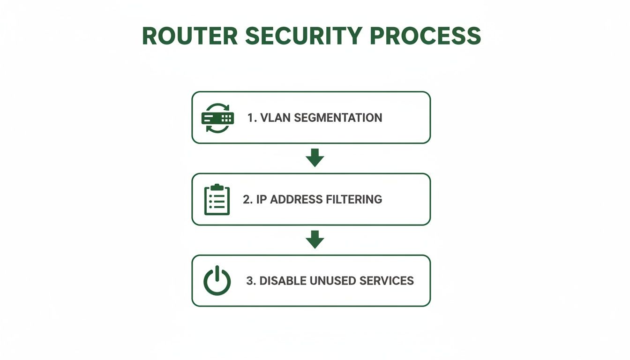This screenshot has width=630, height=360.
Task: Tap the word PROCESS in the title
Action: [x=425, y=36]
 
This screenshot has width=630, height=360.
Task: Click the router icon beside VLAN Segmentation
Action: [x=217, y=118]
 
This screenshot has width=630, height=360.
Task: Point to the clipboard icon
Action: [x=217, y=200]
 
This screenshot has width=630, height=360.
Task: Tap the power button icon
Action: [x=217, y=281]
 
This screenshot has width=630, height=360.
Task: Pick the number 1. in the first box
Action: [x=252, y=118]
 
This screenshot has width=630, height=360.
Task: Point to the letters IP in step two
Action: [x=262, y=199]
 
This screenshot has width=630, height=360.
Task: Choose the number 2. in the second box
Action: [x=247, y=199]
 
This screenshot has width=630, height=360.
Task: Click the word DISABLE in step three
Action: [x=283, y=281]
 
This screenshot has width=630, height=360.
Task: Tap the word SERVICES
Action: [x=386, y=281]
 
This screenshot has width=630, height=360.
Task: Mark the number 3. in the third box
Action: [x=251, y=281]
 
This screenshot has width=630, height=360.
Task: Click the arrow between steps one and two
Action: [x=315, y=158]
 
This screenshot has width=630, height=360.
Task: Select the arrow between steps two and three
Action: [x=315, y=240]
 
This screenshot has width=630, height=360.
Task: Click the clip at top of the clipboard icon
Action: [x=217, y=187]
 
